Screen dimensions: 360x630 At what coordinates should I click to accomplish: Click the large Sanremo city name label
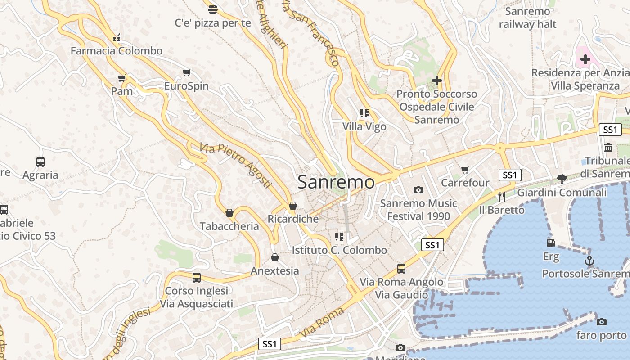[336, 182]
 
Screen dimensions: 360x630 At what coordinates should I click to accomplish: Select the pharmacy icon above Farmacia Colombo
[117, 38]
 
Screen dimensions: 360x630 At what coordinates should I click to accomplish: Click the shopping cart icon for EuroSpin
[186, 72]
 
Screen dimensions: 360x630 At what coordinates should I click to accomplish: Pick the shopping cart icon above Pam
[121, 78]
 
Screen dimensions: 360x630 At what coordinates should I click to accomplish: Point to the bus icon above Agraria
[40, 162]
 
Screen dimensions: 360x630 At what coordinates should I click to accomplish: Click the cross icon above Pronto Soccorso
[436, 81]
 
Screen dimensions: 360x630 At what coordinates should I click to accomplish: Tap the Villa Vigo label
[364, 126]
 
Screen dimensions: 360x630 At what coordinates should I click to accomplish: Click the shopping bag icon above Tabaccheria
[229, 213]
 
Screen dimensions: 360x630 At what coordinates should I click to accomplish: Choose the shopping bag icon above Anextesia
[274, 257]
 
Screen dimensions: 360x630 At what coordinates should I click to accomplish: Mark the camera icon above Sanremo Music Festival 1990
[418, 190]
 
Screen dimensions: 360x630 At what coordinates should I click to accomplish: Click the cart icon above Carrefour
[465, 170]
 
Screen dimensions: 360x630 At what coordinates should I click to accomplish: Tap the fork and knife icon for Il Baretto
[501, 196]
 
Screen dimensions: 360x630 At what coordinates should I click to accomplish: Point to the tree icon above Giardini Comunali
[562, 179]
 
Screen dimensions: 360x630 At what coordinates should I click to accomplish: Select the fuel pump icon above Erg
[551, 243]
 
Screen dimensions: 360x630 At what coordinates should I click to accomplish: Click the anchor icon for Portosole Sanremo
[589, 261]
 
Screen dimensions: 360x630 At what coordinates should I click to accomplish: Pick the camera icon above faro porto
[601, 322]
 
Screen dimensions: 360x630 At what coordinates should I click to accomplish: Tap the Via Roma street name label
[322, 322]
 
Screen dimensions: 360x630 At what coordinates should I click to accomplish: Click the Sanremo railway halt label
[527, 18]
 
